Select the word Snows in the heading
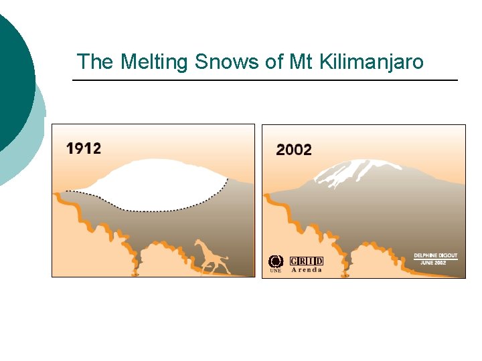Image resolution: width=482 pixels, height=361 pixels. [227, 62]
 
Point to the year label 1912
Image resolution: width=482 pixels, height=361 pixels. [84, 148]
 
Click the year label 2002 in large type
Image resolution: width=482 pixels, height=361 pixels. [293, 150]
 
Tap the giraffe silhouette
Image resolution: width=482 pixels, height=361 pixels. [210, 258]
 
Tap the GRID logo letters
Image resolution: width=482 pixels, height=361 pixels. [307, 261]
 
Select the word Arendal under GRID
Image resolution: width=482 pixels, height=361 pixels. [307, 270]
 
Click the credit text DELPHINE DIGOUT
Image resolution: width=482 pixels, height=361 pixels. [435, 255]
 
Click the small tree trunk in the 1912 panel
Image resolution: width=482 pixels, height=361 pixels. [135, 271]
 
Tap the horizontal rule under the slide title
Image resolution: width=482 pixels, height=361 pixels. [264, 80]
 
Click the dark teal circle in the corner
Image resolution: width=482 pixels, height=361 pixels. [13, 80]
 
